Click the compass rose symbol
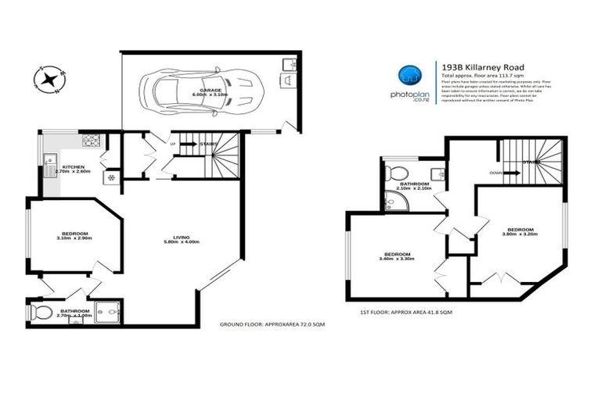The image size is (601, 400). [50, 78]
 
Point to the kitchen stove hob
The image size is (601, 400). [91, 141]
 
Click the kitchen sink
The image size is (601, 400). [50, 165]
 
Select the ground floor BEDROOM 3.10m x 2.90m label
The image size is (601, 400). [74, 236]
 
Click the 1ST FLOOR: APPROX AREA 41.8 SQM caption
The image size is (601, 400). [405, 312]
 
